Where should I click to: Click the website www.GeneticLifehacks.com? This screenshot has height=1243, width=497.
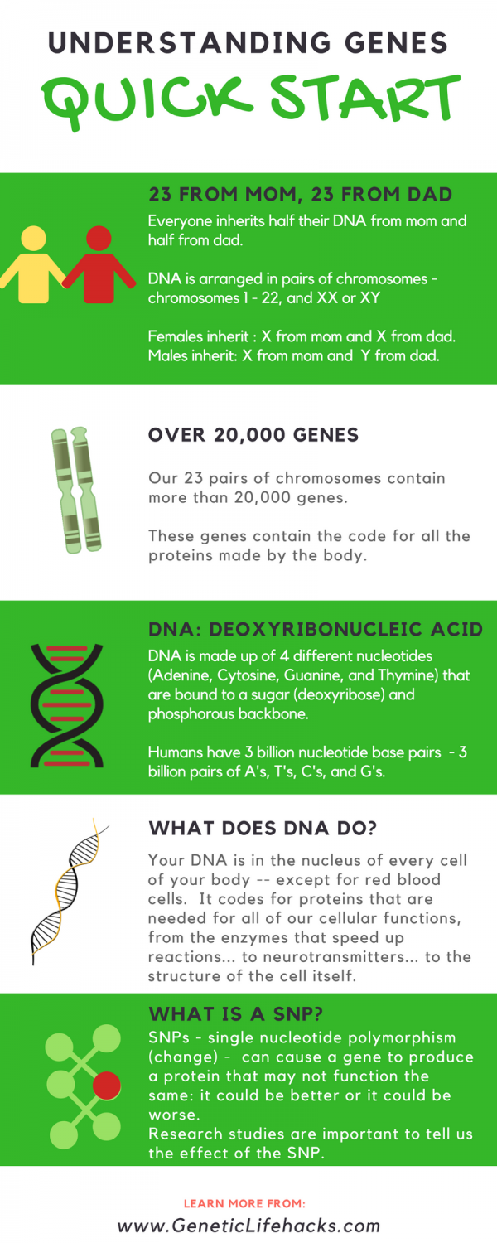248,1226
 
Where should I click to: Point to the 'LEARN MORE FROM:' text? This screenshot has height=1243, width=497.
244,1202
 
